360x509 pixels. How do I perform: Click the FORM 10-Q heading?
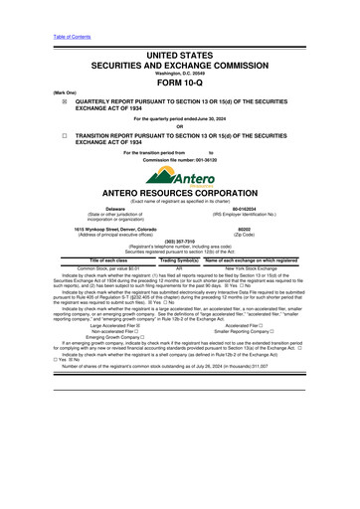click(179, 83)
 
